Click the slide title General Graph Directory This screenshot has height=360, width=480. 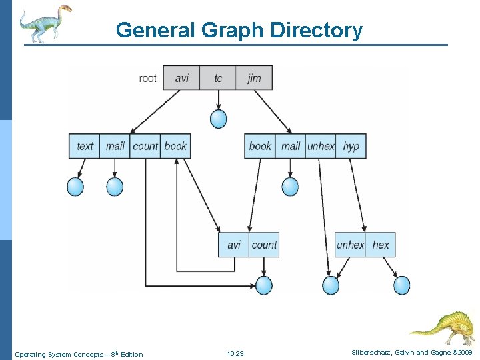pos(239,30)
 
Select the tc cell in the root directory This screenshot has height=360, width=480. pos(218,79)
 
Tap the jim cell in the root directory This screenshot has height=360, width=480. pos(254,79)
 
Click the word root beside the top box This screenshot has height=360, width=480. pos(148,79)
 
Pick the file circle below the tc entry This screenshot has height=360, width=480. pos(218,119)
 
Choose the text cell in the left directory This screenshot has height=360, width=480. pos(85,146)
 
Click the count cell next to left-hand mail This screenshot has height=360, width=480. pos(145,146)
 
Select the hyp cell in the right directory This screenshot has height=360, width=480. pos(351,146)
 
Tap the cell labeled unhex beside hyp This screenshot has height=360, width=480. pos(321,146)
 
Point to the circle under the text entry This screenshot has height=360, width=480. pos(75,187)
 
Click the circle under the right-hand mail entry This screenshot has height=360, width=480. pos(290,187)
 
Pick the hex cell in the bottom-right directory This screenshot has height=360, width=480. pos(381,245)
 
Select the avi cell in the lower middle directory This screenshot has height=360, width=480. pos(234,245)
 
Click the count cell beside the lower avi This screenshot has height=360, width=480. pos(264,245)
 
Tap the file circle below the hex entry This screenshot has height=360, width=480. pos(401,285)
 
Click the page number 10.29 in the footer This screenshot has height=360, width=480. pos(235,353)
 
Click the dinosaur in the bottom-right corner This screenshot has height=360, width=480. pos(444,327)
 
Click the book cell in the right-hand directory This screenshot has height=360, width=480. pos(260,146)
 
